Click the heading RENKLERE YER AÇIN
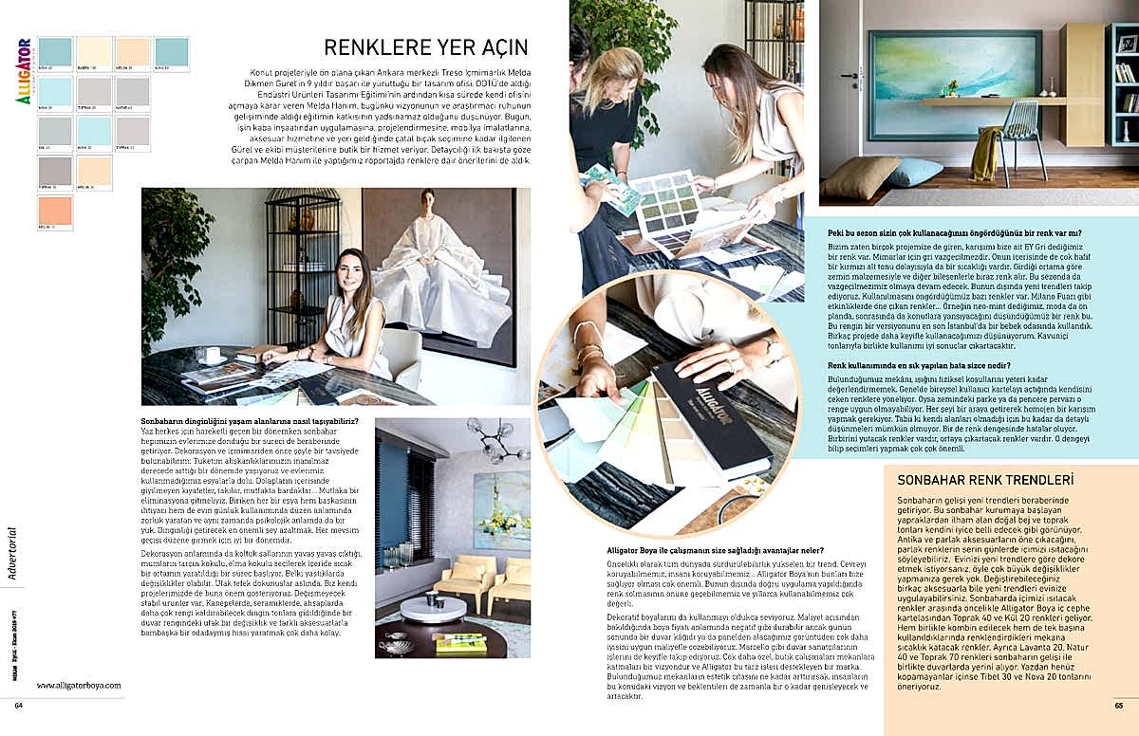[x=426, y=47]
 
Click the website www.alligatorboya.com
[x=79, y=685]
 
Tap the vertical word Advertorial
[x=12, y=549]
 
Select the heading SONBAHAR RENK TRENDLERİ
[x=985, y=480]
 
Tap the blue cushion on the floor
[x=915, y=172]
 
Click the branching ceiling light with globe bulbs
[x=496, y=442]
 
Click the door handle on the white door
[x=853, y=76]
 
